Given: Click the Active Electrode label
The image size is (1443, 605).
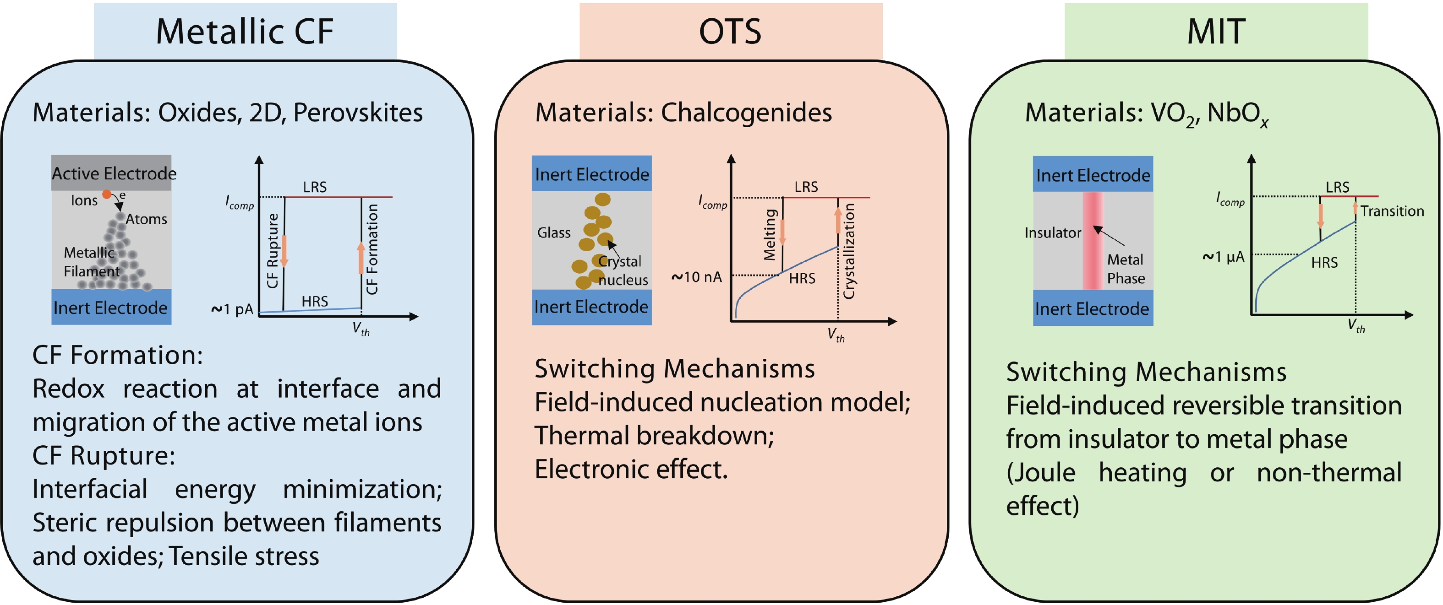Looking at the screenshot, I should click(x=114, y=173).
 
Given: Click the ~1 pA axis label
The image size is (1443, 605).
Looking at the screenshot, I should click(x=232, y=309).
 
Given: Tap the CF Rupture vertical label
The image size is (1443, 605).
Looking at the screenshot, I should click(x=272, y=250).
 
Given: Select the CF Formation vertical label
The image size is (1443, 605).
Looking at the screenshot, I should click(x=372, y=249).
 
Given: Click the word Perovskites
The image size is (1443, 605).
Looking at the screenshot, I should click(x=358, y=113).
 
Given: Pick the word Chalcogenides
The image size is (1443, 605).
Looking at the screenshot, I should click(x=746, y=113).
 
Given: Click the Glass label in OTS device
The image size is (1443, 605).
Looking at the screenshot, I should click(x=553, y=233).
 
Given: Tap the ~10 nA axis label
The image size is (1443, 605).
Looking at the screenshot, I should click(x=696, y=277).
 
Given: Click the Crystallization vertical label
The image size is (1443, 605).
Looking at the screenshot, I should click(x=849, y=251).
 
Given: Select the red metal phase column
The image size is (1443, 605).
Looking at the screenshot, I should click(x=1093, y=241).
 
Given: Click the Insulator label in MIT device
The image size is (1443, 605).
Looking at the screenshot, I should click(x=1053, y=233).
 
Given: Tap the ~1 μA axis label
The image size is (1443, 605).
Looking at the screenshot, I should click(x=1224, y=257).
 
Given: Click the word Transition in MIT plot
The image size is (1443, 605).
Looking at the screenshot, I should click(x=1392, y=211).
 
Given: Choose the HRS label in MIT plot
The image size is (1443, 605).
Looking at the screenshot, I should click(x=1324, y=263).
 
